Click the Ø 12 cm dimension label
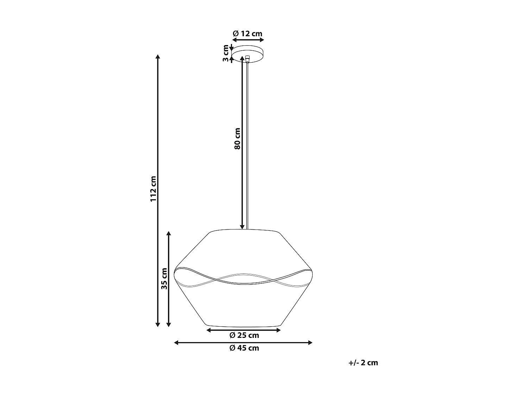[248, 33]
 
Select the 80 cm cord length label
[237, 138]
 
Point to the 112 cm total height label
[153, 189]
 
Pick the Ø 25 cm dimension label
[244, 335]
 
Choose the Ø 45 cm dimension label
[244, 348]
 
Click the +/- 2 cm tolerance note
[363, 363]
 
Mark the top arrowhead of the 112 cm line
[158, 57]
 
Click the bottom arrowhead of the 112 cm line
[158, 324]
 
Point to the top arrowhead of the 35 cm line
[169, 234]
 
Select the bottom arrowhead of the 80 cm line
[242, 227]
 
